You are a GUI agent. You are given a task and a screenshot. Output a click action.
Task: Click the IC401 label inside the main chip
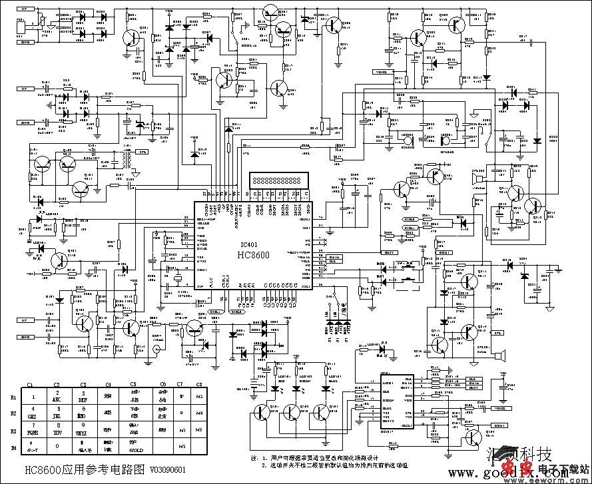tap(251, 244)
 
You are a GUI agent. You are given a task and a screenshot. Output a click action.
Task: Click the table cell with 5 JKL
tap(57, 413)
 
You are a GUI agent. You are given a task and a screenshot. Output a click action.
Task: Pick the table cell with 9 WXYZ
tap(83, 429)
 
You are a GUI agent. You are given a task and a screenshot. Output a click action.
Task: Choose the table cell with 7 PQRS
tap(32, 429)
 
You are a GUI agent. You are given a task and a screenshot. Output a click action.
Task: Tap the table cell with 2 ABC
tap(57, 397)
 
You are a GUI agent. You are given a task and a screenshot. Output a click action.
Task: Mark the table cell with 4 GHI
tap(32, 413)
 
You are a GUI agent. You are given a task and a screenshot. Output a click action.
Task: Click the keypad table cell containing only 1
tap(32, 397)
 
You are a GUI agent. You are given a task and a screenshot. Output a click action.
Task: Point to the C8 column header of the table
tap(198, 385)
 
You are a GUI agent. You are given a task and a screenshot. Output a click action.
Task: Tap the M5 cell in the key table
tap(198, 429)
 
